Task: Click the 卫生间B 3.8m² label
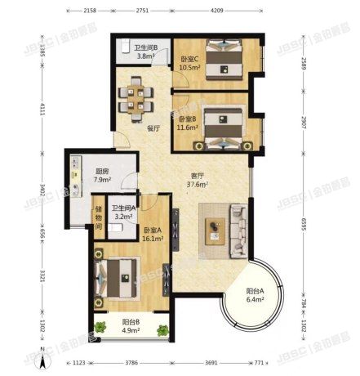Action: point(145,51)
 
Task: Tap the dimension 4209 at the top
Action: point(216,10)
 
